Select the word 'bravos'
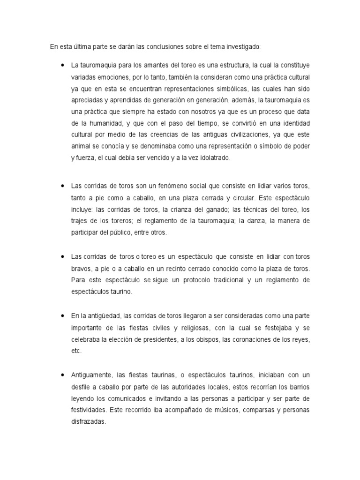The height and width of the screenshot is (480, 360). point(81,269)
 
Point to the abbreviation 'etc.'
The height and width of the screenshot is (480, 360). point(76,351)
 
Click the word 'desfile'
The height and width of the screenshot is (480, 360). point(82,387)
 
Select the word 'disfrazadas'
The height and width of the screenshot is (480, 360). point(89,421)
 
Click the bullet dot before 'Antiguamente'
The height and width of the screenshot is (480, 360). point(62,375)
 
